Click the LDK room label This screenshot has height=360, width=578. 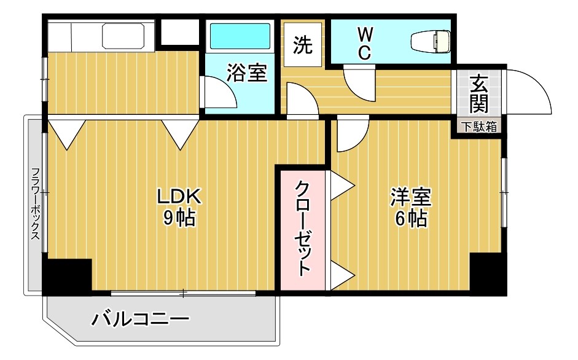pos(178,197)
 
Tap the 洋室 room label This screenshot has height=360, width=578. pos(411,197)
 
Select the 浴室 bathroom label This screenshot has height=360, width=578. pos(246,72)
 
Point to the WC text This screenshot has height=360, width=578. pos(364,42)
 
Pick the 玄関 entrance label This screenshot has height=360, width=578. pos(478,94)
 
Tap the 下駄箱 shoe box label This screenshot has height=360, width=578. pos(479,127)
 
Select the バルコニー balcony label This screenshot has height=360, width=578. pos(141,320)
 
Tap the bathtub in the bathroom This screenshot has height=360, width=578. pos(240,36)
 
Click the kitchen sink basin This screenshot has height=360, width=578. pos(123,36)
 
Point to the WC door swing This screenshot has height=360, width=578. pos(360,82)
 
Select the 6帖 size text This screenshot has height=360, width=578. pos(411,218)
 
